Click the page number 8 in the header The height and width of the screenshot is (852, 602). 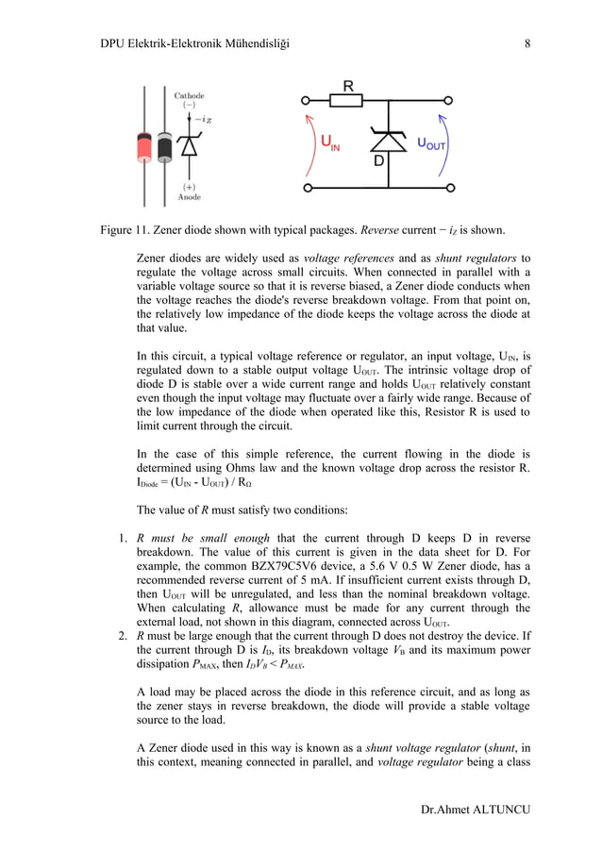[x=527, y=42]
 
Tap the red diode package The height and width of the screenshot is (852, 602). [x=144, y=146]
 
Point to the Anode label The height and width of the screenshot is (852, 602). [x=189, y=197]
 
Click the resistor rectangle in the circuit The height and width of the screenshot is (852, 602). [x=347, y=101]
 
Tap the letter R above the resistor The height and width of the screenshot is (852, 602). [x=347, y=86]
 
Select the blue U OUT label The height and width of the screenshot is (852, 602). [x=431, y=144]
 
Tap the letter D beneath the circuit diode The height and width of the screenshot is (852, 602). [x=380, y=162]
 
